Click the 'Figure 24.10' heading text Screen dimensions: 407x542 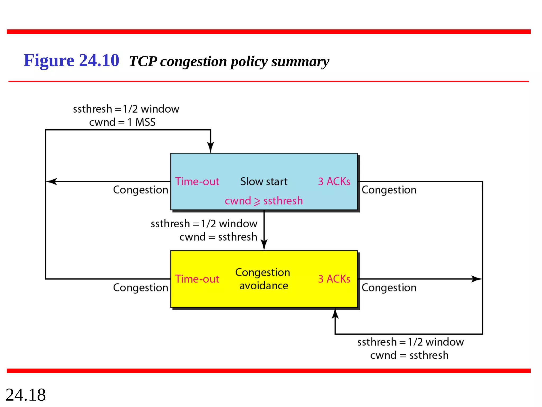pos(71,61)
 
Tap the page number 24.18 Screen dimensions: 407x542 pos(26,395)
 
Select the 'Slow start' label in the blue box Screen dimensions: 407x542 pos(264,182)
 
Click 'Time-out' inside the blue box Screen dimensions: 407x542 pos(197,182)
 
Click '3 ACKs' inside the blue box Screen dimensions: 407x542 pos(334,182)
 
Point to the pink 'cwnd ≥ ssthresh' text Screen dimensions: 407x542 pos(264,201)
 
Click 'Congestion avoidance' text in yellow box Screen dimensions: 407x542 pos(263,279)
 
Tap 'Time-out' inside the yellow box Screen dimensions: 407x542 pos(197,279)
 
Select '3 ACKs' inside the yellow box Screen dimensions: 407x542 pos(334,279)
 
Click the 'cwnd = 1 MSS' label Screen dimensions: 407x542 pos(122,122)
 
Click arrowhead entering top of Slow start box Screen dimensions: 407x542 pos(211,147)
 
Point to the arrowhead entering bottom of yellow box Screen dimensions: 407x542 pos(335,314)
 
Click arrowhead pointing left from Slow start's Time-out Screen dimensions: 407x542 pos(51,182)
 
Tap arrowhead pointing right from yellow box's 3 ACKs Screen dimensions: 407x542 pos(476,279)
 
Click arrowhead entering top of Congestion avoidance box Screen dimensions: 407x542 pos(264,244)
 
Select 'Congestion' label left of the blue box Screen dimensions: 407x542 pos(141,190)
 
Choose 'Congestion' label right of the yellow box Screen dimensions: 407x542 pos(389,288)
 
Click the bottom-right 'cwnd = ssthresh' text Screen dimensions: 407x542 pos(409,355)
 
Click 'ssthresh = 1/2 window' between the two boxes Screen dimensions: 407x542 pos(204,224)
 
